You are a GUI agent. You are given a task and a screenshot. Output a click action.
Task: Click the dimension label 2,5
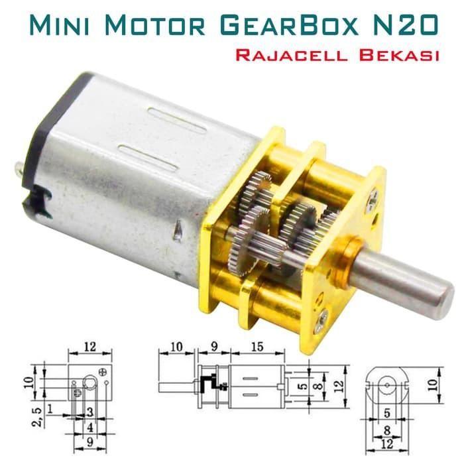point(39,417)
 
